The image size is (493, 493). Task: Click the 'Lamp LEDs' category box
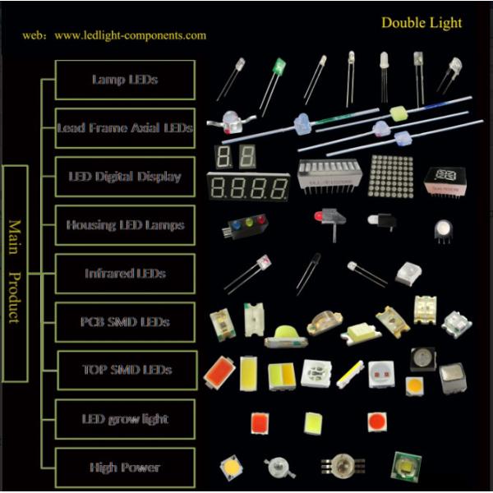pyautogui.click(x=125, y=80)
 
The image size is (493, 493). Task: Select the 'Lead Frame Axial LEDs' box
pyautogui.click(x=125, y=128)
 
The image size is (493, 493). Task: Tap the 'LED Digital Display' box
pyautogui.click(x=125, y=177)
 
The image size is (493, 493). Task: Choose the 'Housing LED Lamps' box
pyautogui.click(x=125, y=225)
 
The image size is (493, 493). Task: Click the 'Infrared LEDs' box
pyautogui.click(x=125, y=274)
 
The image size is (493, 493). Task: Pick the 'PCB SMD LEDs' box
pyautogui.click(x=125, y=322)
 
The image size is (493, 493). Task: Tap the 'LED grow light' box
pyautogui.click(x=125, y=419)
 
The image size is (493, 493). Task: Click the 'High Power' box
pyautogui.click(x=125, y=468)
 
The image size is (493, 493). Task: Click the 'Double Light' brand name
pyautogui.click(x=422, y=22)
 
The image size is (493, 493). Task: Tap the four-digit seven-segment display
pyautogui.click(x=248, y=187)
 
